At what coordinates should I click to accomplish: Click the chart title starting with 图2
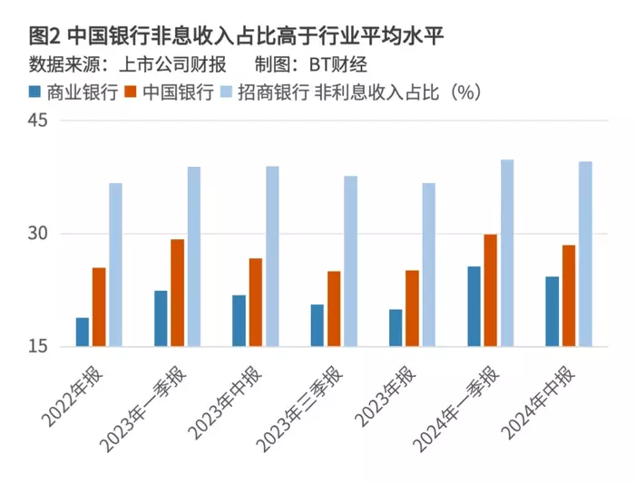236,37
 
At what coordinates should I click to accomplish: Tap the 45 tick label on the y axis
38,121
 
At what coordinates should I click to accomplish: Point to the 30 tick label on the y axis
38,233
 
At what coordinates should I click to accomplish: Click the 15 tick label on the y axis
38,346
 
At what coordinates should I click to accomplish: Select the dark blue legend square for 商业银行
34,92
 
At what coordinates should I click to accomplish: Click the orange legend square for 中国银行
131,92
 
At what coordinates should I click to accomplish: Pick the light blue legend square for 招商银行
226,92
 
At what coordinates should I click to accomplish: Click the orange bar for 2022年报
99,307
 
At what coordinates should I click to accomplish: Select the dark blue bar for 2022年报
83,332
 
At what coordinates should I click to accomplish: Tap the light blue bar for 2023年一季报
194,256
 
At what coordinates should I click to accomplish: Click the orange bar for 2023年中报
256,303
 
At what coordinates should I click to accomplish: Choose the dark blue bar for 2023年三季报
317,325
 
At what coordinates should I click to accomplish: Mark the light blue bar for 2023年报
429,265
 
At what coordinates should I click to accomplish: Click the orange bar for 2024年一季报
491,291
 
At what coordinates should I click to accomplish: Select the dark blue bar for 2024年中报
552,312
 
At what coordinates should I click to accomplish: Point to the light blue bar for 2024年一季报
507,253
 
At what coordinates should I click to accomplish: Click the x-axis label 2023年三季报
300,409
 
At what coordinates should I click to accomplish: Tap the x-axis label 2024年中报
539,402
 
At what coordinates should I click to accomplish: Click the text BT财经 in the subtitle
338,64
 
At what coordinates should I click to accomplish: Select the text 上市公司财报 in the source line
172,64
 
